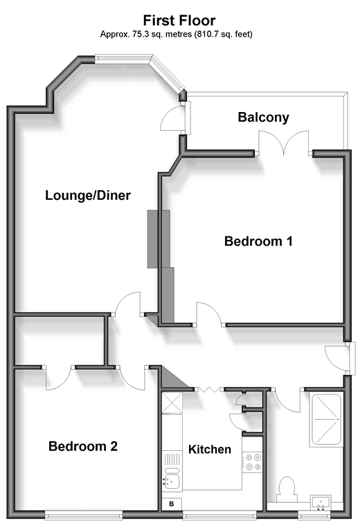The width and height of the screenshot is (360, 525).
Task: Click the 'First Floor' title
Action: (x=179, y=21)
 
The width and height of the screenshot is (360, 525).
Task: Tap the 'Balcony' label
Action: (x=264, y=117)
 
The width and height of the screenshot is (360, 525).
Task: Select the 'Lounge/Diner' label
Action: (x=88, y=195)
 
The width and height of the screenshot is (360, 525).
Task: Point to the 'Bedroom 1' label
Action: (x=258, y=241)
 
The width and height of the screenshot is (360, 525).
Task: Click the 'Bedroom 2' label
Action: (x=83, y=446)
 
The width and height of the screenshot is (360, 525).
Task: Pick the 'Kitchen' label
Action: (x=210, y=450)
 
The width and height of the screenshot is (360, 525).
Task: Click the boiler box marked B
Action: (x=172, y=504)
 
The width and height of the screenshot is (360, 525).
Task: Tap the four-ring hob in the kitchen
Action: (x=252, y=461)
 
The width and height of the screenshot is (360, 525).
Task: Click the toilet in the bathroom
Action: (x=287, y=489)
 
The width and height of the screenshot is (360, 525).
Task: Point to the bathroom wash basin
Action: (x=321, y=502)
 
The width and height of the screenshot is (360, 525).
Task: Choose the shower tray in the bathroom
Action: (x=325, y=420)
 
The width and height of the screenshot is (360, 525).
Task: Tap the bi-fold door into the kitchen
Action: (x=209, y=389)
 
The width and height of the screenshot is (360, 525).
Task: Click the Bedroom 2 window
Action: (x=84, y=514)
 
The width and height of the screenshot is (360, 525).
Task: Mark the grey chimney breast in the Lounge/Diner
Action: (x=159, y=239)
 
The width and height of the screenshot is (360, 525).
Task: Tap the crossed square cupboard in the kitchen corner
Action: (x=172, y=403)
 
